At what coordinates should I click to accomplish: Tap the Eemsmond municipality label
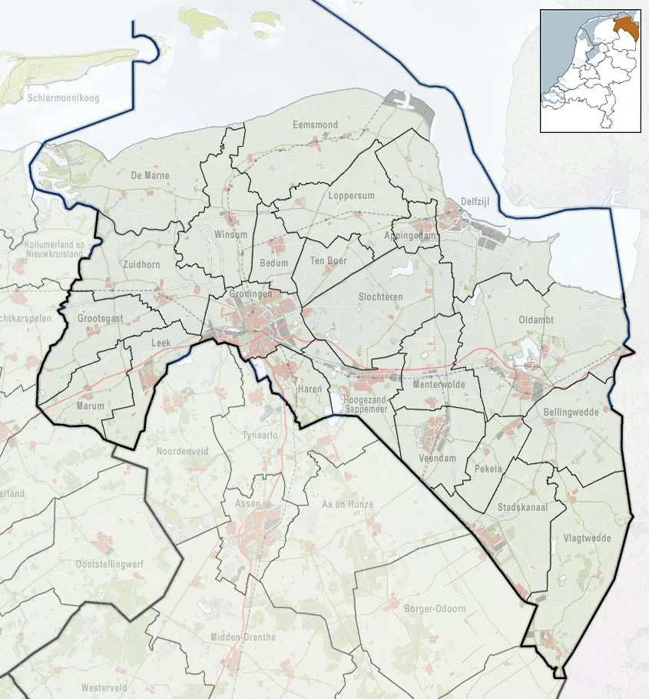coord(315,124)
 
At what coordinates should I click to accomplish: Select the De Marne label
coord(150,176)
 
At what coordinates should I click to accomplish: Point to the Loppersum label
coord(351,196)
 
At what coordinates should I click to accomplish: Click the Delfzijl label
coord(475,202)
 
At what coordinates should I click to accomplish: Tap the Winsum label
coord(231,234)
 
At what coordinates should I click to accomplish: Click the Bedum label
coord(274,263)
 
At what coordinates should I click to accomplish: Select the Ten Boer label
coord(328,261)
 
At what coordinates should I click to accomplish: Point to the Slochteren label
coord(381,296)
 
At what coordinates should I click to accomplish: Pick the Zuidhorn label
coord(141,264)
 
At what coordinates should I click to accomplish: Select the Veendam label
coord(438,458)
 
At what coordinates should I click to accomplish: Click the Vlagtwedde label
coord(587,538)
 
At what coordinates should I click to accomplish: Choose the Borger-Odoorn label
coord(434,609)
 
